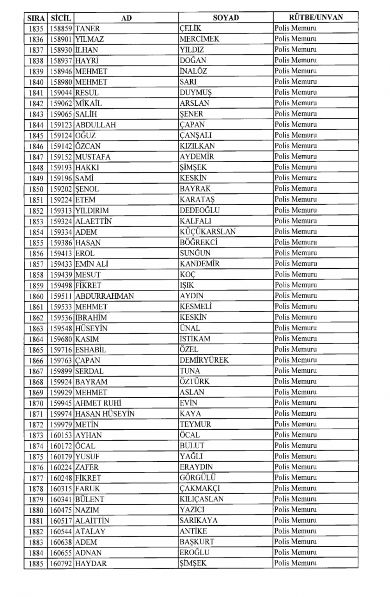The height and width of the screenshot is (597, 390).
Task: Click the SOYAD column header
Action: (226, 18)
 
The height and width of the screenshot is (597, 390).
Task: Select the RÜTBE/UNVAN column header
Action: (316, 18)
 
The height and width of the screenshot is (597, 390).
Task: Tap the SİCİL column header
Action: (60, 18)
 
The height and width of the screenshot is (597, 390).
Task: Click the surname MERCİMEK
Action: (199, 39)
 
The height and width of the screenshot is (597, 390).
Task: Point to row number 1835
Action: (36, 28)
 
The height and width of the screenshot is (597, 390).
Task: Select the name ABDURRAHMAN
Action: (105, 296)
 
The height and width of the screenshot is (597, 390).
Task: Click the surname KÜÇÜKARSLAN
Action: (207, 232)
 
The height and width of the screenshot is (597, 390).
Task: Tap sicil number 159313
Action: (61, 210)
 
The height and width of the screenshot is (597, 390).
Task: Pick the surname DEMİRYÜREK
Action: (204, 360)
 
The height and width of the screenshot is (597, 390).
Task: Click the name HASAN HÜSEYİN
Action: (105, 414)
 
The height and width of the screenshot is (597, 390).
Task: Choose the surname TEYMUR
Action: (195, 424)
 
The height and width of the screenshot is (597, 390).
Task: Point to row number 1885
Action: (36, 563)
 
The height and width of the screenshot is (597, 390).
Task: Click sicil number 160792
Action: (61, 563)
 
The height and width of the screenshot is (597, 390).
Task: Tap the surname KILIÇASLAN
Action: (202, 499)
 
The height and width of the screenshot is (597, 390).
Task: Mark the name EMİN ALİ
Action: (92, 264)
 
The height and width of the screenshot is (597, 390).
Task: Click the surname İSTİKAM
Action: (195, 339)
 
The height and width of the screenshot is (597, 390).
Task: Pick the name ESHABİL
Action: (90, 349)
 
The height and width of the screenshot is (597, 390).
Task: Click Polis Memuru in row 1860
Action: (296, 296)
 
